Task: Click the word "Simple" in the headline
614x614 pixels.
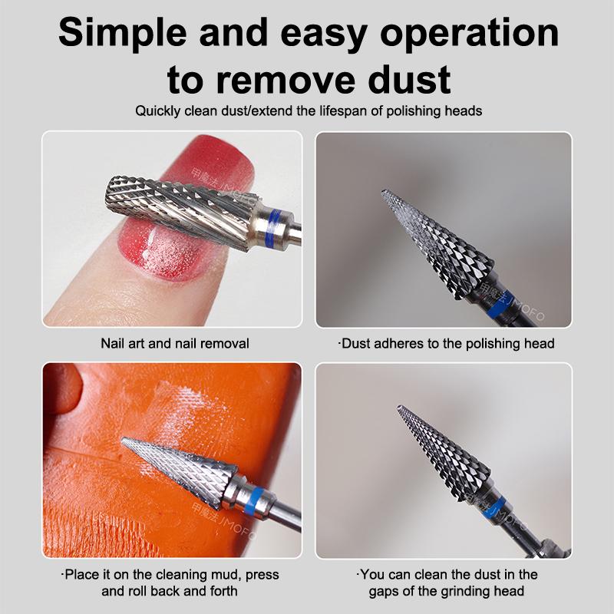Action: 123,34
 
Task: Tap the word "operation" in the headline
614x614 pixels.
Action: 469,34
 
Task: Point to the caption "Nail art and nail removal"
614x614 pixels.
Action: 175,343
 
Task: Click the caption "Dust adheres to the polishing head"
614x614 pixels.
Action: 446,343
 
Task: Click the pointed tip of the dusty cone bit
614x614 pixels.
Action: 383,191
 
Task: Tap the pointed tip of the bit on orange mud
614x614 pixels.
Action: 123,440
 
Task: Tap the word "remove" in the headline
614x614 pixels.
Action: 286,80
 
